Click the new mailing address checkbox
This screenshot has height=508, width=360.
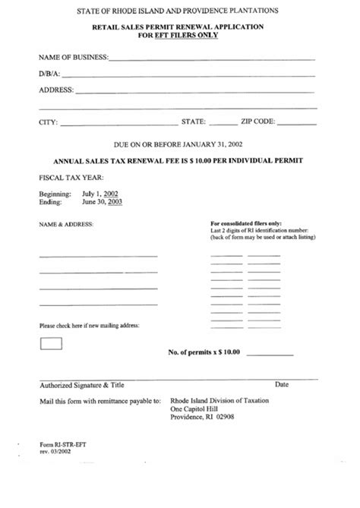click(50, 343)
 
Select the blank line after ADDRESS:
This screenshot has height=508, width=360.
click(194, 93)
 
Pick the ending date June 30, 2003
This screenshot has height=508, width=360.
click(103, 203)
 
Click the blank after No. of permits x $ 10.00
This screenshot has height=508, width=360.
click(267, 355)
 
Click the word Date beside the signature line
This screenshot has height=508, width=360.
click(282, 385)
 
